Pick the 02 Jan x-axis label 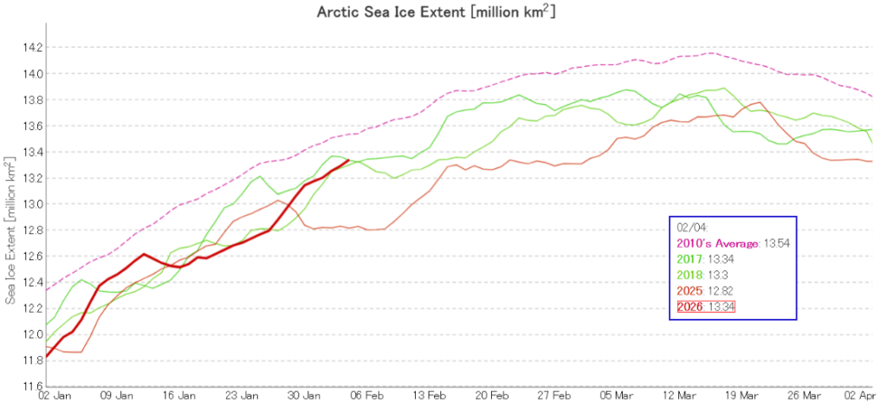[x=48, y=395]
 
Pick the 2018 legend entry [x=704, y=274]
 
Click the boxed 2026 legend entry [x=706, y=307]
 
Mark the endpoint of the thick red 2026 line [x=348, y=160]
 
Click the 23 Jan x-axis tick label [x=243, y=395]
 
